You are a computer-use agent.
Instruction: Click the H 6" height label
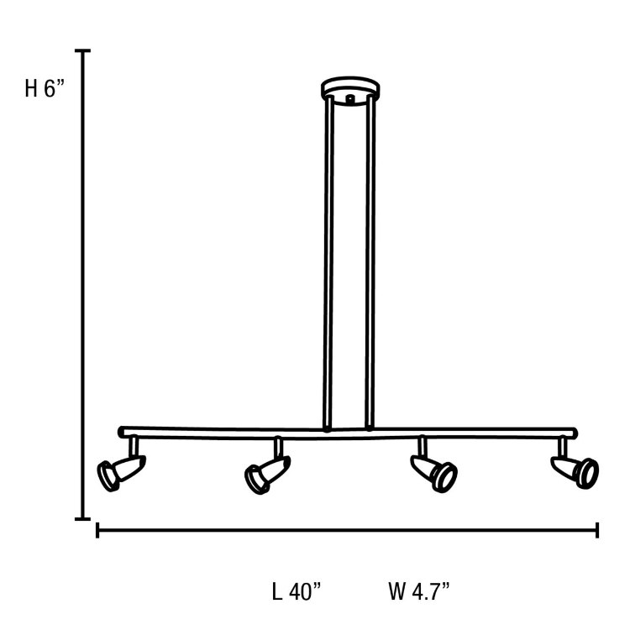coord(45,89)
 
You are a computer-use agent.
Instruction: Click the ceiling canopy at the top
coord(349,89)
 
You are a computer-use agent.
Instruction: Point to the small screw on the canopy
coord(349,98)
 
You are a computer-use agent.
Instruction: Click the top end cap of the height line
coord(82,51)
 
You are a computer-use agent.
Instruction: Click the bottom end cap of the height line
coord(82,519)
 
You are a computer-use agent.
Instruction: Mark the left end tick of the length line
coord(98,530)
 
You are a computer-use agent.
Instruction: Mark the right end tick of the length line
coord(597,530)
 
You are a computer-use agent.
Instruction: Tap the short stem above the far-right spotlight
coord(561,445)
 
